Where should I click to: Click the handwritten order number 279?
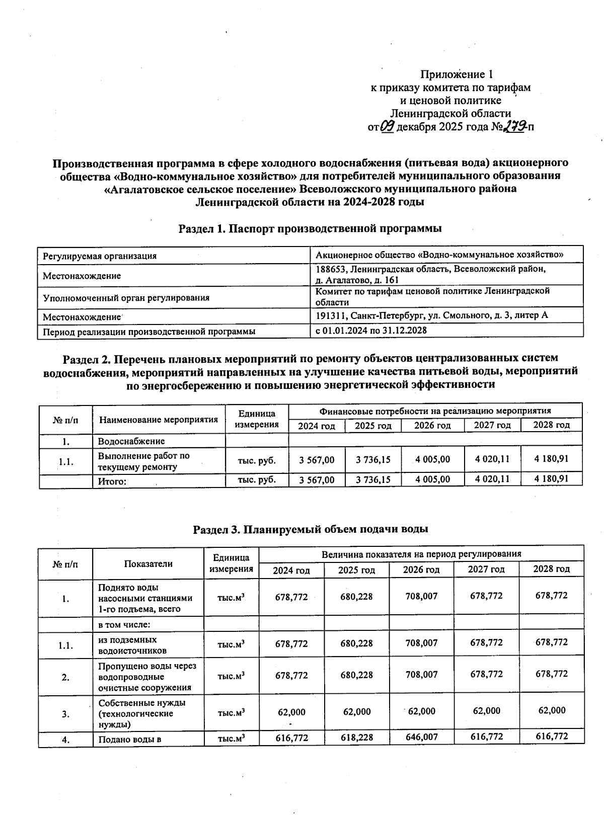516,126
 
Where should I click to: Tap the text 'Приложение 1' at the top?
457,74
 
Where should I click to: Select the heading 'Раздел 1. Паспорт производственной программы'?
310,229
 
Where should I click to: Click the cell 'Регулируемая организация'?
100,256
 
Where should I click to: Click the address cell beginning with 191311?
431,315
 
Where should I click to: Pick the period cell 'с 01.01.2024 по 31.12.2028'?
371,331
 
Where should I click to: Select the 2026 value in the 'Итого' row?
432,479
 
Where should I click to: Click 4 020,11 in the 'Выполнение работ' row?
492,459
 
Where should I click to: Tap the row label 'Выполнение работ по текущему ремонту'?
143,461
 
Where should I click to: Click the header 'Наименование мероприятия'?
159,420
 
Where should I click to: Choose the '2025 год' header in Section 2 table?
373,426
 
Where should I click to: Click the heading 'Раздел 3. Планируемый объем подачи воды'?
311,529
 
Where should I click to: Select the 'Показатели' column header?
148,563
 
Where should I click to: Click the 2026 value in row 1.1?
421,643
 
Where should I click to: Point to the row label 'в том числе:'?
124,624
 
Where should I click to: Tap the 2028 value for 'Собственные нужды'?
552,710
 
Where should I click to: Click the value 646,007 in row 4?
421,737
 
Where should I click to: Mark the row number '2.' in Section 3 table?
65,677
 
